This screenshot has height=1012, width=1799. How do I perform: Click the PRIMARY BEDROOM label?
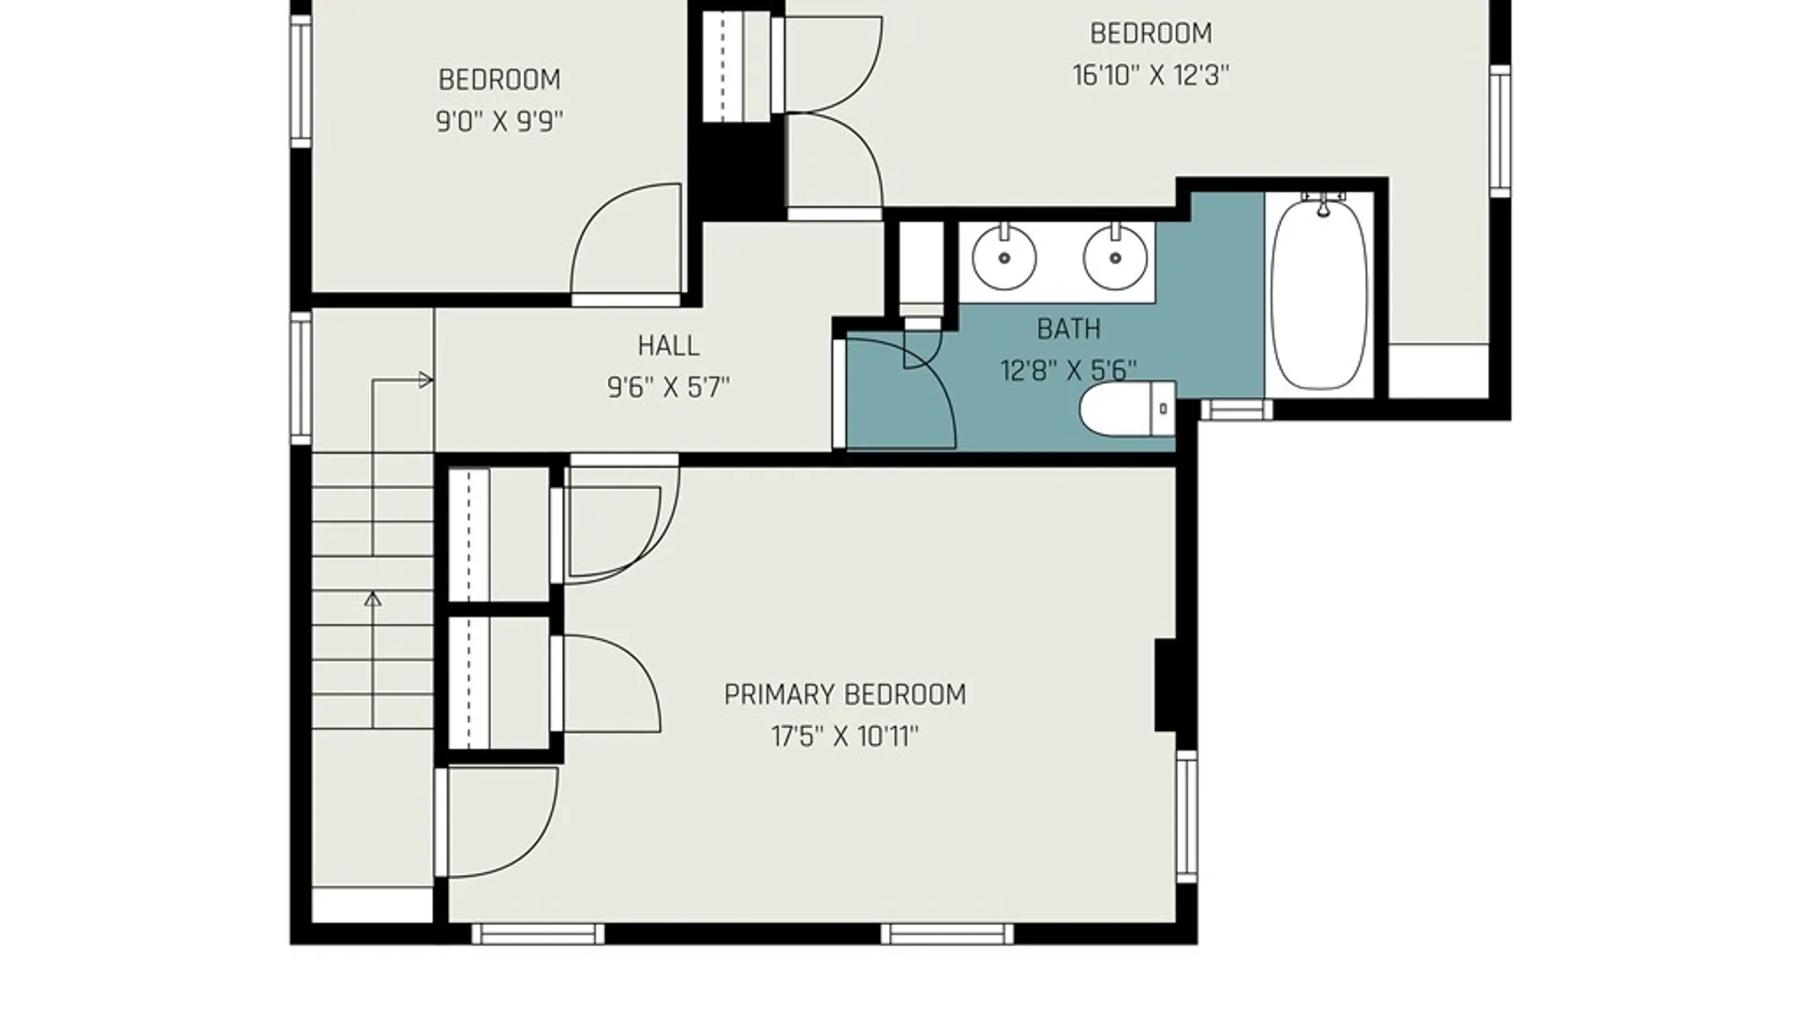844,694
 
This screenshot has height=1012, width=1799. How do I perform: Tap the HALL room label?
668,346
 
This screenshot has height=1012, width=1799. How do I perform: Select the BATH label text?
1068,329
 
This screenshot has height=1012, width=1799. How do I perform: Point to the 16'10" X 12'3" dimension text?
1151,75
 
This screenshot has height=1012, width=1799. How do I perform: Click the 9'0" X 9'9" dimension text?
499,122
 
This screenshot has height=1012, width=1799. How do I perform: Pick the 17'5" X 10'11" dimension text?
844,737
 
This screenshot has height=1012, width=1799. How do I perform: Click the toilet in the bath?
1128,409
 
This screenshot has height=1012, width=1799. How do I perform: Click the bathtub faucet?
1323,202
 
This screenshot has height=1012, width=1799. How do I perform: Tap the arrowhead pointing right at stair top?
425,380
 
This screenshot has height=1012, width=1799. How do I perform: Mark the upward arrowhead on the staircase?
373,599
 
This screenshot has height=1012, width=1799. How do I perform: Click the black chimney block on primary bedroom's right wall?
1166,685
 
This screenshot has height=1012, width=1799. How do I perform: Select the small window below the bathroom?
1237,409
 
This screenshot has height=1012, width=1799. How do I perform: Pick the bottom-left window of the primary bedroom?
538,933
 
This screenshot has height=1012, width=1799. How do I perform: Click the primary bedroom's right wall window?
1187,815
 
